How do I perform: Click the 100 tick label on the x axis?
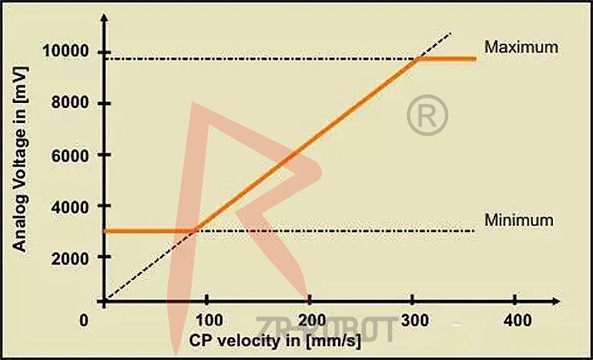pos(207,321)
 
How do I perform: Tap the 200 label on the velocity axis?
pos(311,321)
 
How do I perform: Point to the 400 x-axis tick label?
pos(517,321)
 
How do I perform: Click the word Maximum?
pos(520,47)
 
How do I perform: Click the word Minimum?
pos(519,220)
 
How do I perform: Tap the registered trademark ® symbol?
pos(428,115)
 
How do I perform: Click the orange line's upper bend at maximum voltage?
pos(417,59)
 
